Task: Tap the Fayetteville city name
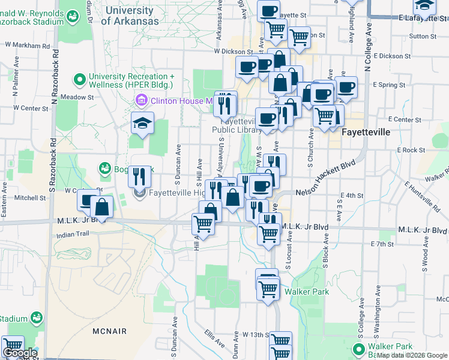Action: click(366, 131)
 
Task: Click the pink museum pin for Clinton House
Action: click(142, 100)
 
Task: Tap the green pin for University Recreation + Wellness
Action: click(79, 79)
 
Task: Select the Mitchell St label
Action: click(30, 197)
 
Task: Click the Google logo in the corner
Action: click(20, 353)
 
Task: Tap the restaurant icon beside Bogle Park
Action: click(139, 177)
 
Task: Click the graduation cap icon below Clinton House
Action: click(142, 124)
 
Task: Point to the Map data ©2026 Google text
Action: click(412, 355)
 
